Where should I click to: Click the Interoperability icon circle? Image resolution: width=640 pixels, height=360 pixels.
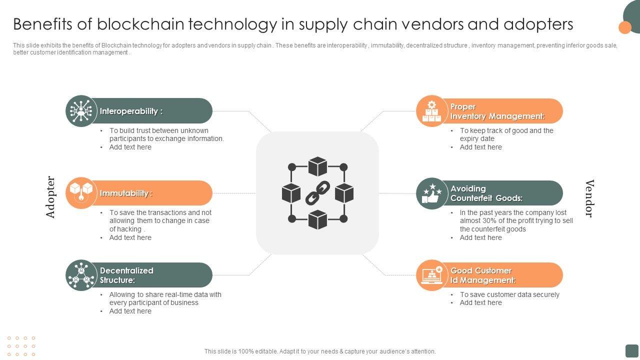click(x=81, y=111)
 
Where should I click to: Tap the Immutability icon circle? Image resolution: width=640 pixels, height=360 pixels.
click(x=81, y=193)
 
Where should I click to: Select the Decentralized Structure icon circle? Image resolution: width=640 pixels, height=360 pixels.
click(x=81, y=275)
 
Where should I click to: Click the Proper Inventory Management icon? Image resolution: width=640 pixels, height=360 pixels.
click(x=431, y=111)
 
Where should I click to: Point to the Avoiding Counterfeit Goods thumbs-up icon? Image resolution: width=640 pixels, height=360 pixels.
click(x=431, y=193)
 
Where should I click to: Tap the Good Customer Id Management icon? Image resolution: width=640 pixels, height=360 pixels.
click(x=431, y=275)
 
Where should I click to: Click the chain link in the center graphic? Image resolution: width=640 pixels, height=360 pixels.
click(x=317, y=193)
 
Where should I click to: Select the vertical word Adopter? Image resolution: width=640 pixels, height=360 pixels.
click(x=50, y=197)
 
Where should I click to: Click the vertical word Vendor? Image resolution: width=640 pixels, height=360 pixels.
click(x=589, y=198)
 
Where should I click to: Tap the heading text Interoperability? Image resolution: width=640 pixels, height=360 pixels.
click(x=129, y=111)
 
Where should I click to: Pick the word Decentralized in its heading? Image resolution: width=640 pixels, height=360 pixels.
click(x=126, y=270)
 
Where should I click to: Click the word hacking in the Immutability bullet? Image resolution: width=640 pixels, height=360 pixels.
click(x=129, y=229)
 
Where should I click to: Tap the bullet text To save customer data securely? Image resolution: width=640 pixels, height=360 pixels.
click(x=509, y=294)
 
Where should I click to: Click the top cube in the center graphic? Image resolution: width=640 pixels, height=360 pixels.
click(x=317, y=166)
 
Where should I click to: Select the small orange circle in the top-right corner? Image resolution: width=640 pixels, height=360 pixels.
click(x=625, y=27)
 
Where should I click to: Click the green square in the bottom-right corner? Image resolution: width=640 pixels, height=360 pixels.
click(x=632, y=350)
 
